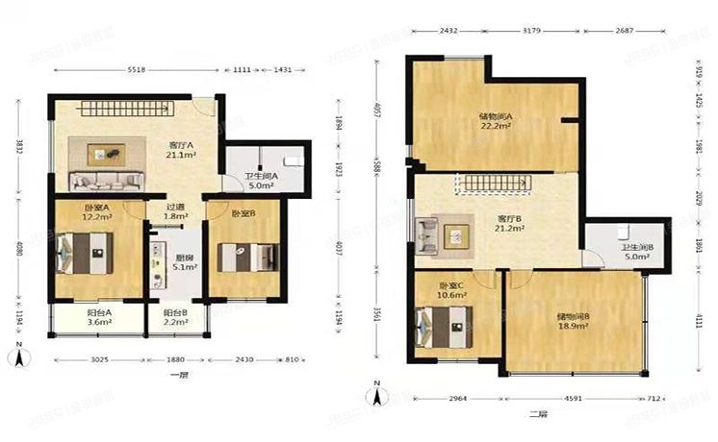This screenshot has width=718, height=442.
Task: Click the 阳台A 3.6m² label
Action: coord(97,318)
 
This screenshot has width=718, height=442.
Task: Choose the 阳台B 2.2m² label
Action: coord(173,318)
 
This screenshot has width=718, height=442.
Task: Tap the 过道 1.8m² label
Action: coord(173,211)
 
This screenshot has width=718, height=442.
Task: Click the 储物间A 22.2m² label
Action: coord(496,121)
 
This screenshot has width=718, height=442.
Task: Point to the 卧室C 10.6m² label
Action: coord(452,291)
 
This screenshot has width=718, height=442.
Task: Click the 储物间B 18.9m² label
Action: coord(574,321)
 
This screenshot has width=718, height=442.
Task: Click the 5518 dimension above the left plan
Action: coord(133,70)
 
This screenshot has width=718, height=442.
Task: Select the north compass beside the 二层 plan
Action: coord(379,393)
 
